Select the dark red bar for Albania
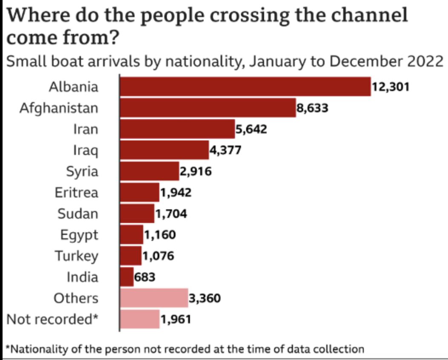(245, 87)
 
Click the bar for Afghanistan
(208, 108)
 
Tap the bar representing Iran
(177, 129)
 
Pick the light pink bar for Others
(154, 298)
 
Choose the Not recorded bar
(140, 319)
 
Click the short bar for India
(127, 277)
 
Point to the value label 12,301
(391, 87)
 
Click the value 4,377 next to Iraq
(225, 150)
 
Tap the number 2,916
(195, 171)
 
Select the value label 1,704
(171, 214)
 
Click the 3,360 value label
(205, 298)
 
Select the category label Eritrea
(76, 192)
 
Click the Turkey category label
(76, 256)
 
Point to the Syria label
(82, 171)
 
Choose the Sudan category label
(78, 214)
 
